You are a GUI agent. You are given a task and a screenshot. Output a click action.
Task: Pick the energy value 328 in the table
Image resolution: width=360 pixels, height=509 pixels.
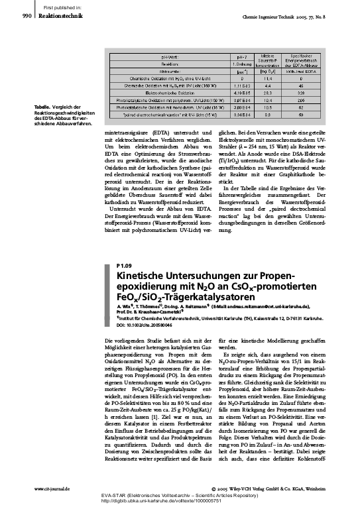pos(300,93)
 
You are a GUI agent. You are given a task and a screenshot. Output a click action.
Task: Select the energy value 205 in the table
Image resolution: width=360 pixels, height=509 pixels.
pos(300,100)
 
